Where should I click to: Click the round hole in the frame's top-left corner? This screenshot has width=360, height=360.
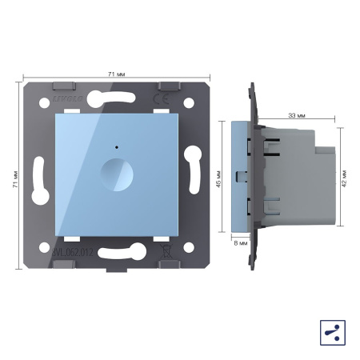(44, 103)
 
